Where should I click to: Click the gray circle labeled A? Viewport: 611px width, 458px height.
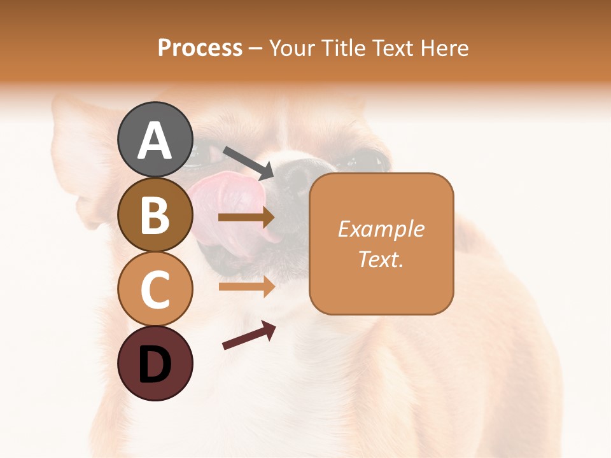pos(155,139)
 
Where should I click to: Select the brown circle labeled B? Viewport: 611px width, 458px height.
pos(155,214)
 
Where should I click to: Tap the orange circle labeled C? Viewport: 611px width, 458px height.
pos(155,289)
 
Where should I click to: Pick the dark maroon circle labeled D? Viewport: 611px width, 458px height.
pos(155,363)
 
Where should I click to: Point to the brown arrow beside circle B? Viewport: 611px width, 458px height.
pos(246,218)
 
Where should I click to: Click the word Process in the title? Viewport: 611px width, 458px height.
pos(200,48)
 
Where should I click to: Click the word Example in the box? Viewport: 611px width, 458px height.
pos(381,229)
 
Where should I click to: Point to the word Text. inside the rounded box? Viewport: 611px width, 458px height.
pos(381,259)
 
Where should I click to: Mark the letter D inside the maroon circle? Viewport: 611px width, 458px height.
pos(155,364)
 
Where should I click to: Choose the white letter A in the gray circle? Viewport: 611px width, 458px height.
pos(155,141)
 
